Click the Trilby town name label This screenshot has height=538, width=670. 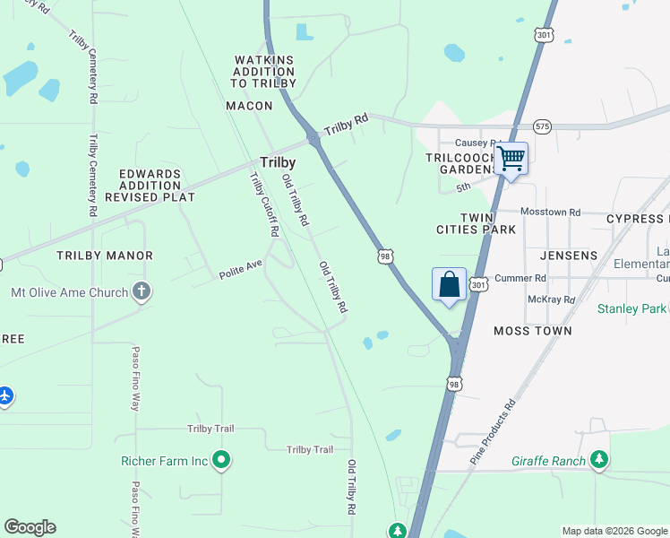(278, 162)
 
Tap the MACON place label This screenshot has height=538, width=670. (249, 106)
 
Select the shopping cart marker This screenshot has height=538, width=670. (511, 160)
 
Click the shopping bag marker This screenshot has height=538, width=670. (449, 285)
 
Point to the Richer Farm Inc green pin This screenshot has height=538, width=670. (222, 461)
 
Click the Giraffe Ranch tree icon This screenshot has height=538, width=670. (599, 461)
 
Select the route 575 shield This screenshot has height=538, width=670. (542, 126)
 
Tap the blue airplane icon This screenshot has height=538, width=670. (5, 395)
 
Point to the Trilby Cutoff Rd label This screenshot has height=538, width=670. (264, 204)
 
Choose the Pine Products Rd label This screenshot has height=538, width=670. (494, 431)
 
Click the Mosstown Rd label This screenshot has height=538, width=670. (551, 213)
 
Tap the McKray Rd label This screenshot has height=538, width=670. (551, 299)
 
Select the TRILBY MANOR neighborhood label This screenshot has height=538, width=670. (105, 256)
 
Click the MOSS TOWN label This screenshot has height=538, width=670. (533, 331)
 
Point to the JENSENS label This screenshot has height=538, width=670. (569, 256)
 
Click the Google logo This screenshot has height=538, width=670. (30, 527)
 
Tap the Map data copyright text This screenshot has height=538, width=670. (614, 531)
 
